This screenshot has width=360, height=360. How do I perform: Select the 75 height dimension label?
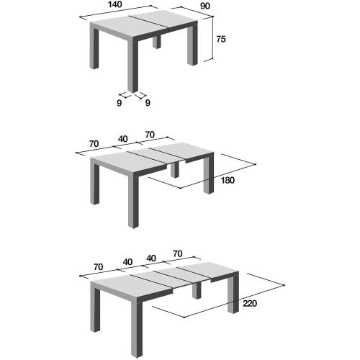(222, 40)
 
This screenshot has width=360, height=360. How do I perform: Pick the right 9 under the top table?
(147, 103)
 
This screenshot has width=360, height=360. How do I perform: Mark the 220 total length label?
(249, 303)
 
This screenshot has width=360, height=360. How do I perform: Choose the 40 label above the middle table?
(124, 139)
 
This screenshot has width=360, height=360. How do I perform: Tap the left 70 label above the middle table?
(94, 144)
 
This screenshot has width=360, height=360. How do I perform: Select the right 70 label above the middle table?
(150, 135)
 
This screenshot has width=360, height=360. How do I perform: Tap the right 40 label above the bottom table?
(151, 257)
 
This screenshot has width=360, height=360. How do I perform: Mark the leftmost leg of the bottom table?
(98, 308)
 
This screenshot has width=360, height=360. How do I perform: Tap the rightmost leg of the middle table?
(208, 176)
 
